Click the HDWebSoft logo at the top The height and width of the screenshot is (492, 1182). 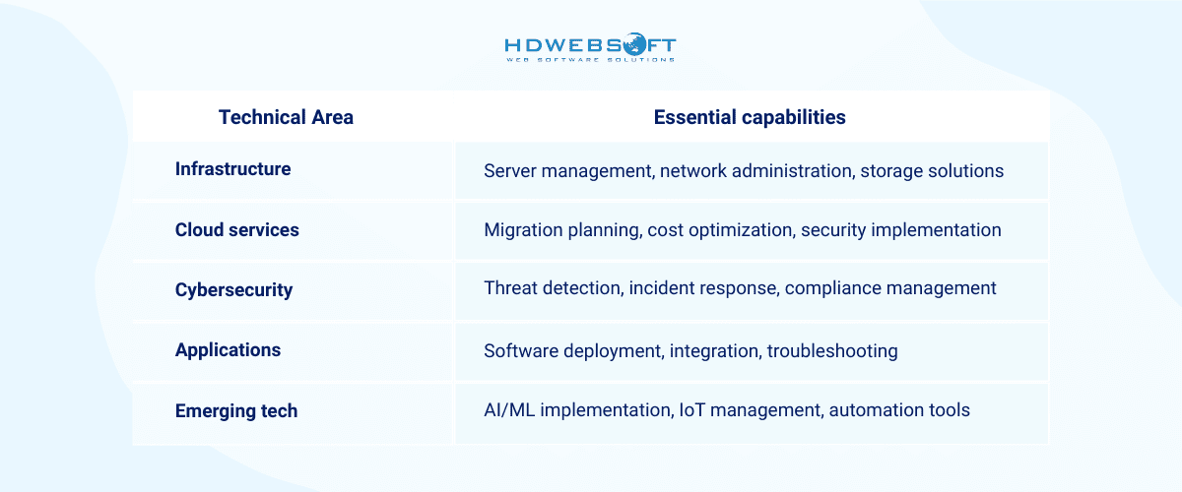click(x=590, y=49)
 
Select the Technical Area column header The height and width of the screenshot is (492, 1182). click(x=286, y=117)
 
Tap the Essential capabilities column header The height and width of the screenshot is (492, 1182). click(x=750, y=117)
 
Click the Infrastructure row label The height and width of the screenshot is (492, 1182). click(x=232, y=169)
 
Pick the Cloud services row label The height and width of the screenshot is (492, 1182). click(x=236, y=230)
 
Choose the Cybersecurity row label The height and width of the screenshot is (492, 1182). click(x=233, y=290)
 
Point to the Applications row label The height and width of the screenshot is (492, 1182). click(x=228, y=350)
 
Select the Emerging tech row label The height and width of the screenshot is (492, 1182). click(x=235, y=410)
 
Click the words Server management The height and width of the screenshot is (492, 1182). click(x=567, y=171)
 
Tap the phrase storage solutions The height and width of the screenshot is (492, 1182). click(x=932, y=171)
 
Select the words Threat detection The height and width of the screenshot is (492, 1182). click(x=551, y=288)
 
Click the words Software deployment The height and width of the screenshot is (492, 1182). click(x=571, y=351)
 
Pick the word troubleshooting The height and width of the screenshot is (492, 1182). click(x=832, y=351)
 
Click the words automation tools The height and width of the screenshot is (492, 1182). click(x=899, y=410)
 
